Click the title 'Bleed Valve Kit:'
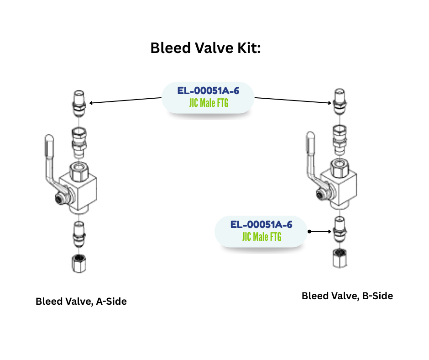coord(205,48)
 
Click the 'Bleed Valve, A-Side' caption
coord(81,302)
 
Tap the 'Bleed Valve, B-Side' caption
coord(347,296)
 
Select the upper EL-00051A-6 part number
coord(208,90)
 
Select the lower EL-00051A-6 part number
coord(261,224)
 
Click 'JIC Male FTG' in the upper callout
coord(209,103)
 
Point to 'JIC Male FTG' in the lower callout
coord(262,237)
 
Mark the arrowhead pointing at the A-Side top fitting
coord(91,103)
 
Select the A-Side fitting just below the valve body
coord(78,232)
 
